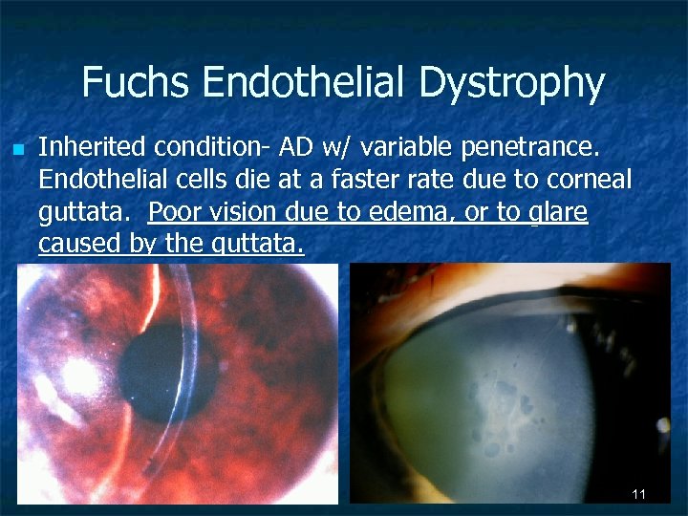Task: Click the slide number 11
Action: (639, 493)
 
